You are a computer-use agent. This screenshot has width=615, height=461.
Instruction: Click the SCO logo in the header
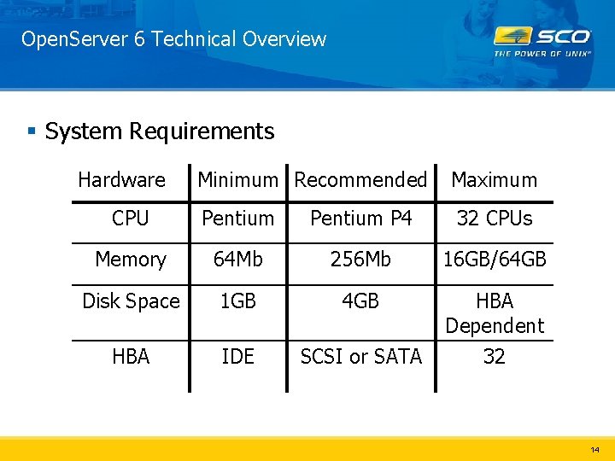point(542,40)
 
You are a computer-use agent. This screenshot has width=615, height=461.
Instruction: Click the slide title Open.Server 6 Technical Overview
point(173,39)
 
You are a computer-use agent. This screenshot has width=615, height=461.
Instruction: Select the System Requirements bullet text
point(159,131)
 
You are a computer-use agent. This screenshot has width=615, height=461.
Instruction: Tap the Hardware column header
point(121,180)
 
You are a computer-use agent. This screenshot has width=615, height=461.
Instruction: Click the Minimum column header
point(237,180)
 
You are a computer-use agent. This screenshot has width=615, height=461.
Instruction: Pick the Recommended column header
point(360,180)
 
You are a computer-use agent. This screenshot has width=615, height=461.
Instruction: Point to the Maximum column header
point(494,180)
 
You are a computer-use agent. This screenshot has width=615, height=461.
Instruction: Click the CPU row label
point(130,219)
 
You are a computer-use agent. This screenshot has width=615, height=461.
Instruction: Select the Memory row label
point(130,260)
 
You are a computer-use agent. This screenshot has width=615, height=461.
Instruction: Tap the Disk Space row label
point(131,301)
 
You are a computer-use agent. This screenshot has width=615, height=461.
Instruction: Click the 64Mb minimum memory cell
point(237,260)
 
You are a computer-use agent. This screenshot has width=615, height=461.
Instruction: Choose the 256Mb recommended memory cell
point(360,260)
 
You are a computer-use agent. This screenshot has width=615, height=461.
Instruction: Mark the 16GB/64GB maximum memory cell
point(494,260)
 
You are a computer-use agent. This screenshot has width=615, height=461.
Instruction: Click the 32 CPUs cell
point(494,219)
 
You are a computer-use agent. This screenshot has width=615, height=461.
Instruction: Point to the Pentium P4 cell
point(360,219)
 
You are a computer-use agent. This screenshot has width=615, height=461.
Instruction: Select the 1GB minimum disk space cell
point(237,301)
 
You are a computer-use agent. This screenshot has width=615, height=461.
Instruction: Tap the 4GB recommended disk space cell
point(360,301)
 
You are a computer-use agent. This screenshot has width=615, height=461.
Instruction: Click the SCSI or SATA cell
point(360,357)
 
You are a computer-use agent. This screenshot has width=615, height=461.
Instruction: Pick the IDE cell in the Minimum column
point(237,357)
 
